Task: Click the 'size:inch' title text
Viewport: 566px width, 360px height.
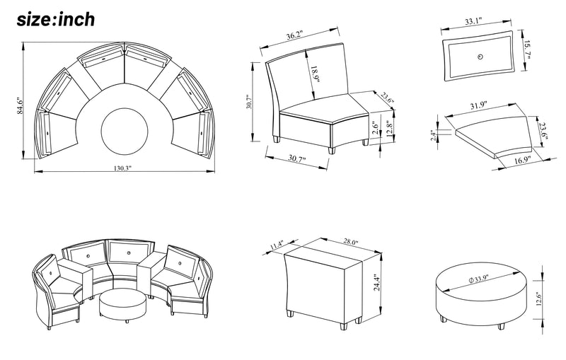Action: pos(55,19)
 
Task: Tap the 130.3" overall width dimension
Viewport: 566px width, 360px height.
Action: pos(122,169)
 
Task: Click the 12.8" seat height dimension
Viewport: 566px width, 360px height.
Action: pos(389,132)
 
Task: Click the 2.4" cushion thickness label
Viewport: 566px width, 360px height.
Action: pos(433,134)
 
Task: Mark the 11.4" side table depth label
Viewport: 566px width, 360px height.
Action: pos(277,246)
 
